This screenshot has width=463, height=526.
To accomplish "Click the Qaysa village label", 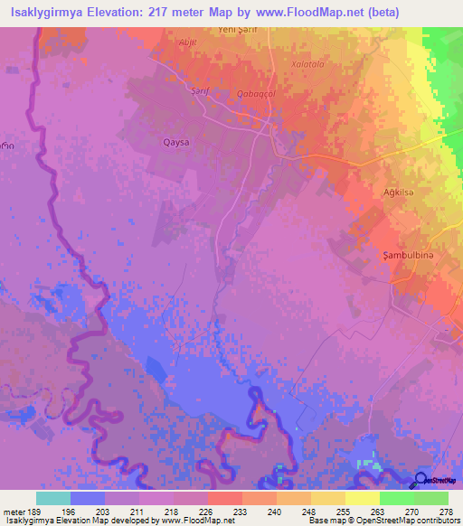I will click(176, 141).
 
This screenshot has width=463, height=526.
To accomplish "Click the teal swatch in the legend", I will click(52, 498).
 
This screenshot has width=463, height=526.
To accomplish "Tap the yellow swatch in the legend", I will click(362, 498).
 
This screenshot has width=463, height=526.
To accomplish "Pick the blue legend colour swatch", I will click(87, 498).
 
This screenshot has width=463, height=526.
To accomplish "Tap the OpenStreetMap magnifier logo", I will click(421, 480).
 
